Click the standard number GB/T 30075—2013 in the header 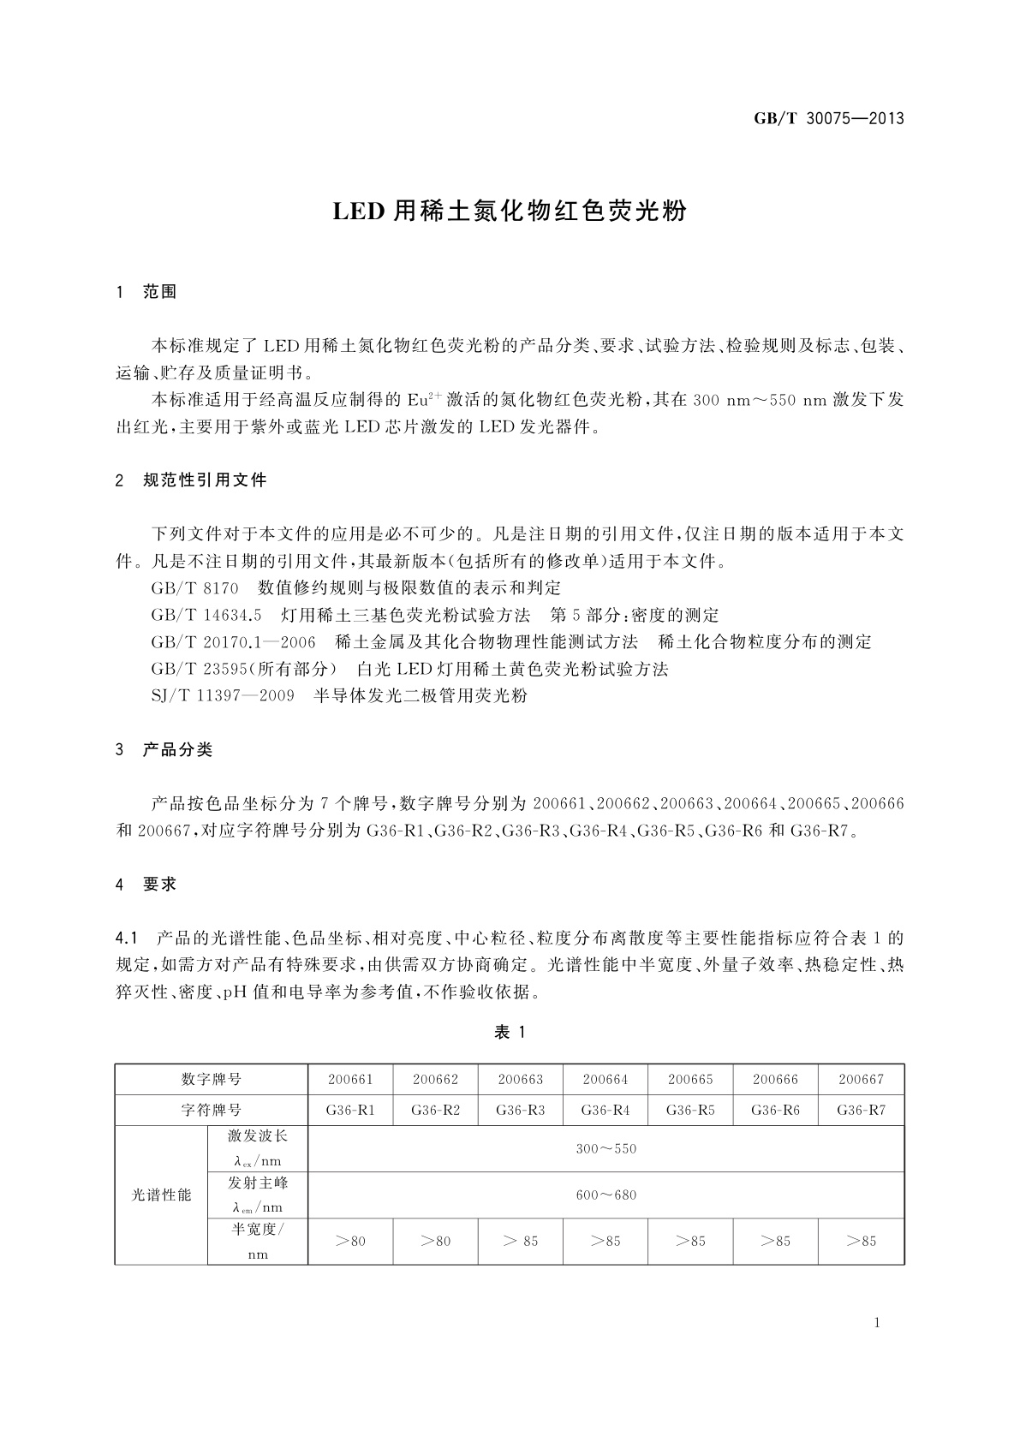click(x=829, y=118)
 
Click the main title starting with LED click(x=510, y=211)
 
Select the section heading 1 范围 click(x=146, y=292)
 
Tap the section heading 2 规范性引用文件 click(x=191, y=480)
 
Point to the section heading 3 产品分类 click(x=164, y=750)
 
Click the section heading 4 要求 click(x=146, y=885)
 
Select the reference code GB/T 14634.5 click(x=206, y=615)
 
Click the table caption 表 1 click(x=510, y=1033)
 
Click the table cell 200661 click(x=350, y=1080)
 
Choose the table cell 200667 click(x=861, y=1080)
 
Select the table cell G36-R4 click(x=605, y=1111)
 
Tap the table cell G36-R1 click(x=350, y=1111)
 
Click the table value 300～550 click(x=605, y=1149)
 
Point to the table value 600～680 click(x=605, y=1195)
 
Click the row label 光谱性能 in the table click(x=161, y=1195)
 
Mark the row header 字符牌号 click(x=211, y=1111)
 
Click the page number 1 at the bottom click(x=877, y=1323)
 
